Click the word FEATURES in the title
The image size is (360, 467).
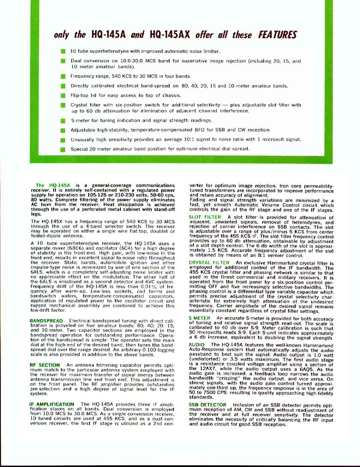[276, 35]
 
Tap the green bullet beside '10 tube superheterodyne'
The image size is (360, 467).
[63, 51]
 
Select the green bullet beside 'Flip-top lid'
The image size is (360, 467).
[63, 95]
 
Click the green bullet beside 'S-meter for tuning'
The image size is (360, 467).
[63, 121]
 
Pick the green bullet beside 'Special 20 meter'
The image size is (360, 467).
[63, 149]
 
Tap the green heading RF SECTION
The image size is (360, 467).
[45, 365]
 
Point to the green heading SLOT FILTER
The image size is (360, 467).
[205, 217]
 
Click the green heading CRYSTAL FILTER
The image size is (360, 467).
[209, 263]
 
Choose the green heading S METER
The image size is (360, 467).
[199, 318]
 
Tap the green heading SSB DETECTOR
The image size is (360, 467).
[207, 405]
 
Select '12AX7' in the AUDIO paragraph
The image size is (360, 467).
[210, 368]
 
